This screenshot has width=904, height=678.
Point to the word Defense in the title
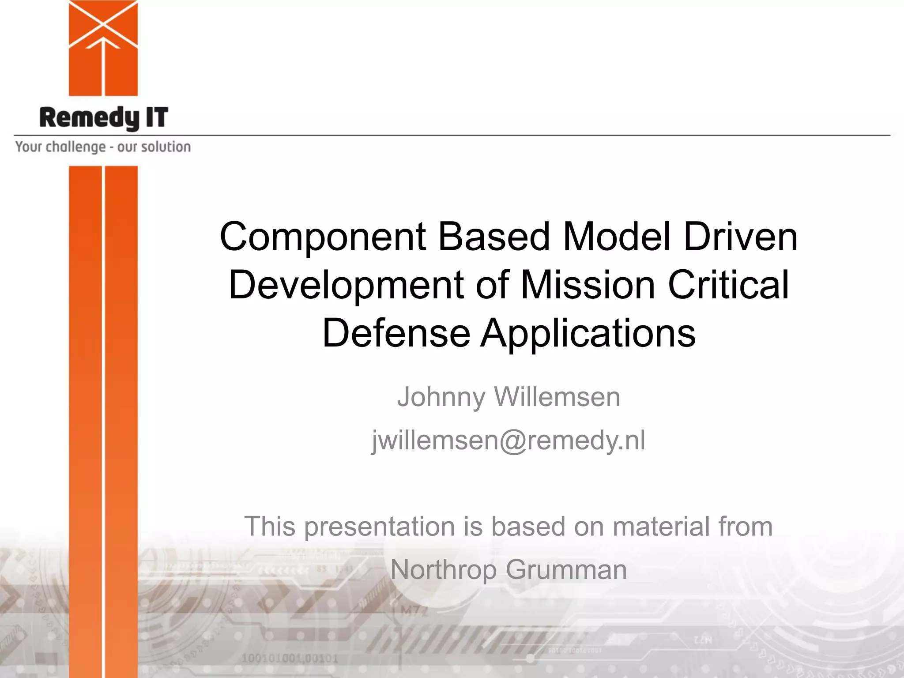coord(396,333)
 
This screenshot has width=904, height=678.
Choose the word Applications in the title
coord(588,333)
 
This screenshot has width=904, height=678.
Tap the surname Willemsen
coord(557,397)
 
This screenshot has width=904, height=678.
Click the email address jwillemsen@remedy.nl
coord(508,440)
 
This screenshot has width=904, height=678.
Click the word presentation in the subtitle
coord(380,527)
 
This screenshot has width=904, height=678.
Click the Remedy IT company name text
coord(104,118)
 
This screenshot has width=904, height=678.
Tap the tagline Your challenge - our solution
coord(103,147)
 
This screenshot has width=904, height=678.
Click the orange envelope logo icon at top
coord(103,48)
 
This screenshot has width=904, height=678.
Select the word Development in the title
coord(346,285)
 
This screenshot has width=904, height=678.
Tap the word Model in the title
coord(617,237)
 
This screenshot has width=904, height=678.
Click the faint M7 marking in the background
coord(414,611)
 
